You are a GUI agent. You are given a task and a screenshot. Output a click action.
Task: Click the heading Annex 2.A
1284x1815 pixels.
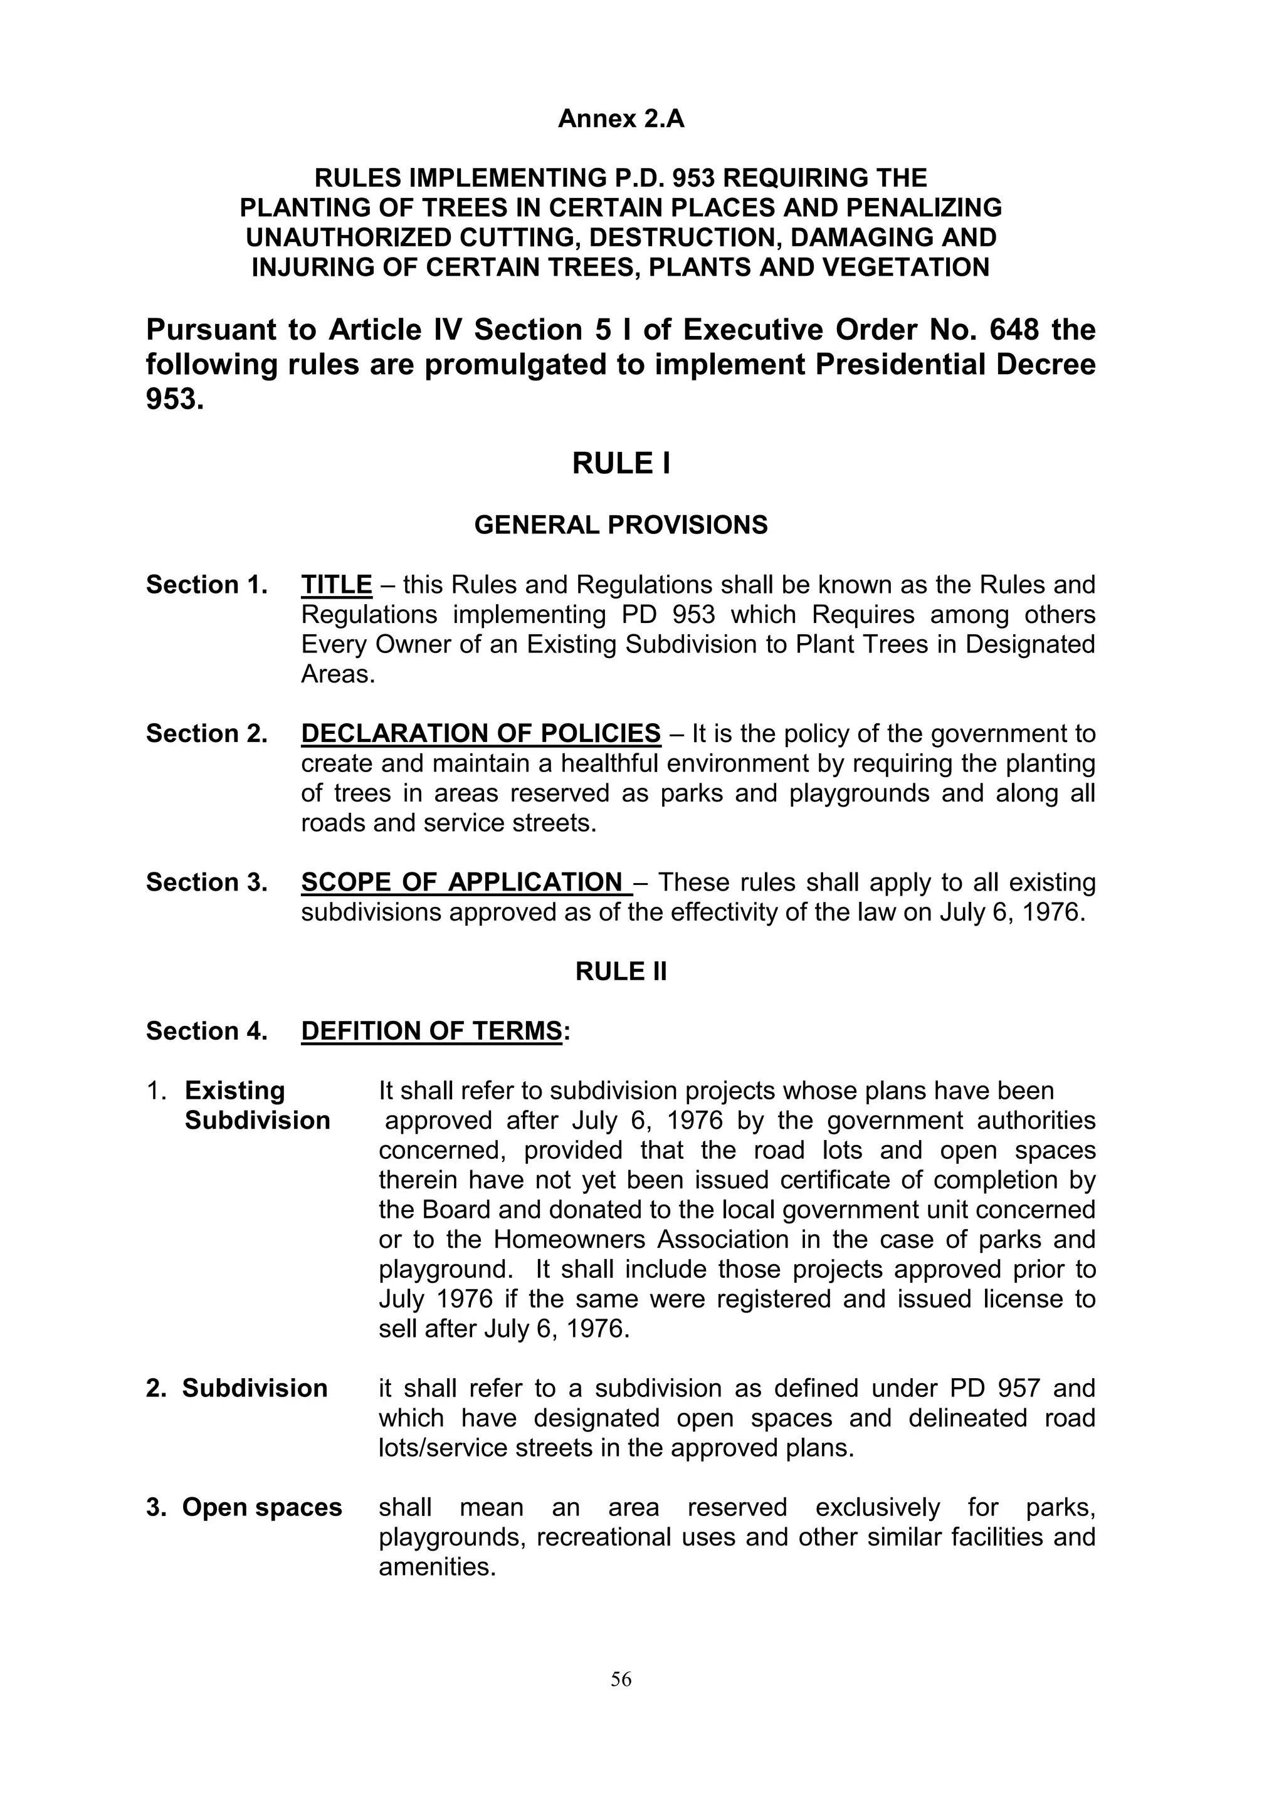(621, 118)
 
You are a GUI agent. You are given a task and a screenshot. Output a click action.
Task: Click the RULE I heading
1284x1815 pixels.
(621, 464)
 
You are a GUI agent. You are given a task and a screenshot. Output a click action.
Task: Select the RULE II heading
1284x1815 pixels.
(621, 971)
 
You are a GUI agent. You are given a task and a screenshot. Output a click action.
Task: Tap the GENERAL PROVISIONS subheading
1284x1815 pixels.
(621, 525)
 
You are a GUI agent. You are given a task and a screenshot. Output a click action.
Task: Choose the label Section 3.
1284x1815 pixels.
(206, 882)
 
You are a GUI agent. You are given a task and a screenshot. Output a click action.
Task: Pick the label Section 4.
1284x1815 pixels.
(206, 1031)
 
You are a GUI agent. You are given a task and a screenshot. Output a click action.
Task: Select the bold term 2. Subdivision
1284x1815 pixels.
(236, 1388)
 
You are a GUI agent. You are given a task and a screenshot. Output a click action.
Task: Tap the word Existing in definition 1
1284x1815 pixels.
(235, 1091)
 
